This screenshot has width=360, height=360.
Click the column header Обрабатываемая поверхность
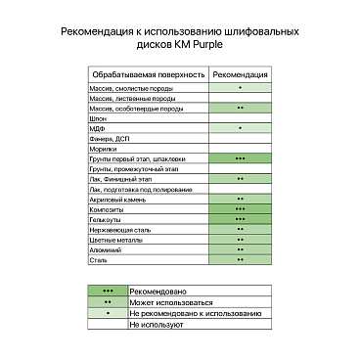tap(147, 74)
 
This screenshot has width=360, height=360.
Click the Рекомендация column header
tap(240, 74)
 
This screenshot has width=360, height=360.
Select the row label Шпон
tap(96, 117)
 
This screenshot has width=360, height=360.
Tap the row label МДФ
tap(96, 128)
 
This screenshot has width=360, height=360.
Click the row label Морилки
tap(103, 149)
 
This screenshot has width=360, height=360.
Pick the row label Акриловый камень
tap(115, 199)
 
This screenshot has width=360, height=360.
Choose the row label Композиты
tap(107, 209)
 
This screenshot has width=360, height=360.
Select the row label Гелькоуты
tap(106, 219)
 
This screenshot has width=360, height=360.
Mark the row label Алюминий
tap(105, 249)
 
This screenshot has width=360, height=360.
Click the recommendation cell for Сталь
tap(240, 260)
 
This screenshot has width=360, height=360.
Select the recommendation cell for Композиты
tap(240, 209)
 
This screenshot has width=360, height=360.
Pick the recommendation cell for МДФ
tap(240, 128)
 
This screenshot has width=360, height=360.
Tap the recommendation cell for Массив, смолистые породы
tap(240, 88)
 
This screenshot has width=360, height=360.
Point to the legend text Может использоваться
tap(168, 302)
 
